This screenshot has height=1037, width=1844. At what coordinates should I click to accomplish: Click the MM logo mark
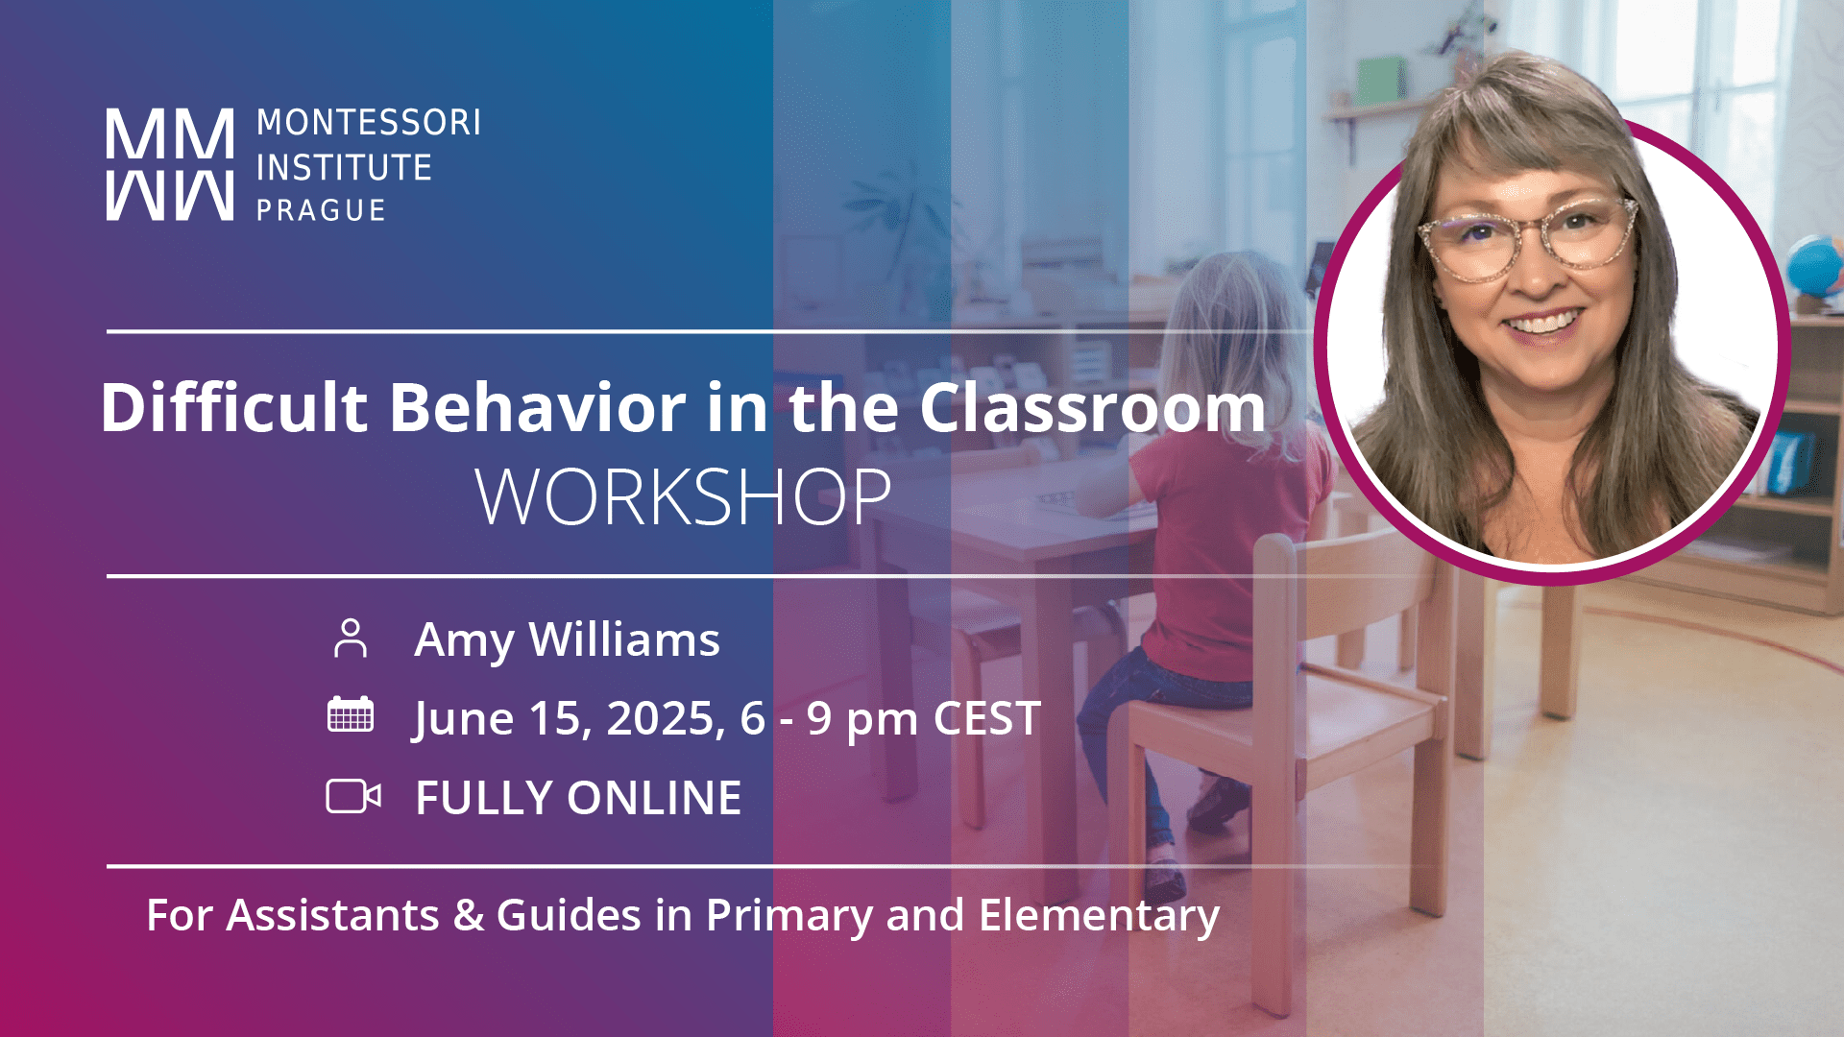point(169,164)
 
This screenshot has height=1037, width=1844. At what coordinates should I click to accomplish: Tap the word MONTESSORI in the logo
point(368,123)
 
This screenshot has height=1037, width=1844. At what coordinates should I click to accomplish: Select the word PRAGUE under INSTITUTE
point(321,210)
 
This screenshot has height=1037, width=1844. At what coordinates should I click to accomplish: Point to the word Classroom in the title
point(1092,408)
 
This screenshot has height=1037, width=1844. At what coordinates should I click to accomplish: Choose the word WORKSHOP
point(683,497)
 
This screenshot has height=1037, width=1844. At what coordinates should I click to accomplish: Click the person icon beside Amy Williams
point(351,639)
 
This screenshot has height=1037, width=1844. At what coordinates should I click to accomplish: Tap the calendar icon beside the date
point(351,715)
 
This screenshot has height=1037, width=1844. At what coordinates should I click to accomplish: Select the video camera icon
point(352,796)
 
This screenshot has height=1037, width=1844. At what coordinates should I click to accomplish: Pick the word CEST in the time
point(986,718)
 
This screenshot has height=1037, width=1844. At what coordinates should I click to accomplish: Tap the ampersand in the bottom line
point(469,915)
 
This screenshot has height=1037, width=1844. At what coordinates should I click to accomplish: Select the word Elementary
point(1099,915)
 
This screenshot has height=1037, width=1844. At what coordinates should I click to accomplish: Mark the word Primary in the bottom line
point(789,915)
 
